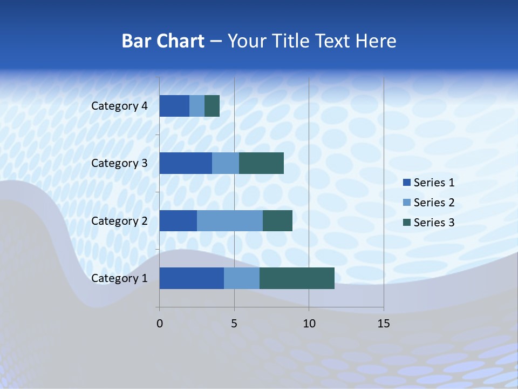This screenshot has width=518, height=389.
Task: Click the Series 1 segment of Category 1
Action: click(192, 278)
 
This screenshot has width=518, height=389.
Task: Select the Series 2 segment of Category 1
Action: click(242, 278)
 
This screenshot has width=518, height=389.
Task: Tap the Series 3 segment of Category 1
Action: click(297, 278)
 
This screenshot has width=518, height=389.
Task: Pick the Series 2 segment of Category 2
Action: click(230, 220)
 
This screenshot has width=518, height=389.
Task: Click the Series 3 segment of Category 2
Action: click(277, 220)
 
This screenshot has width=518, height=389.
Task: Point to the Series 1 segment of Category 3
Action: click(186, 163)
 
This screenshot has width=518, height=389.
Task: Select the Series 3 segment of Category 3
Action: click(261, 163)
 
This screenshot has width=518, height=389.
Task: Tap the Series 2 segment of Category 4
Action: click(197, 106)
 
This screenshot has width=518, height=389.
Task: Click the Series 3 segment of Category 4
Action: click(212, 106)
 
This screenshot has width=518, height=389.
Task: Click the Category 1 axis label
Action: click(119, 278)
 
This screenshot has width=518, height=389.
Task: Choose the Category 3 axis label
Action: click(119, 163)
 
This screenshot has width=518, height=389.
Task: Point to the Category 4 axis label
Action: click(119, 106)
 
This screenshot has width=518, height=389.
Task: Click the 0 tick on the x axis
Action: click(159, 324)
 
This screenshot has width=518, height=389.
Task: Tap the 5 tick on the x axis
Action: click(234, 324)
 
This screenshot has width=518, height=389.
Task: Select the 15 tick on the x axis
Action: click(383, 324)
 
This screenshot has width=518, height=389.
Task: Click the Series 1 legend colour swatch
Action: click(406, 183)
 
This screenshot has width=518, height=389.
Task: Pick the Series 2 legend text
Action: click(434, 203)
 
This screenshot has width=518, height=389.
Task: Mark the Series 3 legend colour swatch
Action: click(406, 223)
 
